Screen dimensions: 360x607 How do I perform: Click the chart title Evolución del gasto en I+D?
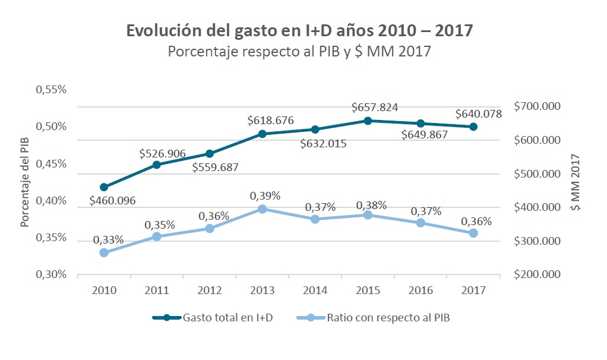click(x=299, y=31)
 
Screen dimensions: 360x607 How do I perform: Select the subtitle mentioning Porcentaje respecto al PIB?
click(x=299, y=52)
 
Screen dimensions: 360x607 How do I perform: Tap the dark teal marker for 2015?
click(x=368, y=121)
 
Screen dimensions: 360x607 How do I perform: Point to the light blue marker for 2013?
click(x=262, y=209)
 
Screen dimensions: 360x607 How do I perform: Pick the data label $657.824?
click(x=375, y=108)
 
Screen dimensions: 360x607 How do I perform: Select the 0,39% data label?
click(x=265, y=195)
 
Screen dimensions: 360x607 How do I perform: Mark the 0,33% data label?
click(x=108, y=240)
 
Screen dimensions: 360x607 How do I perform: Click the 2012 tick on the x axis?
click(x=210, y=290)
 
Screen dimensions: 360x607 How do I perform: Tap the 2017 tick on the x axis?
click(x=473, y=290)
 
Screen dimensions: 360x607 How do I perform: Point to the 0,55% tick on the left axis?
click(x=52, y=90)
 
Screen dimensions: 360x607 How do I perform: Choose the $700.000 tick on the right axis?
click(x=538, y=107)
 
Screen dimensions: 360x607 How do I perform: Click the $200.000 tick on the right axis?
click(x=538, y=274)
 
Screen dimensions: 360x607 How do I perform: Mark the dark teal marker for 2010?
click(x=104, y=187)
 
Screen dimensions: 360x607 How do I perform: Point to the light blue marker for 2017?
click(x=473, y=233)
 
